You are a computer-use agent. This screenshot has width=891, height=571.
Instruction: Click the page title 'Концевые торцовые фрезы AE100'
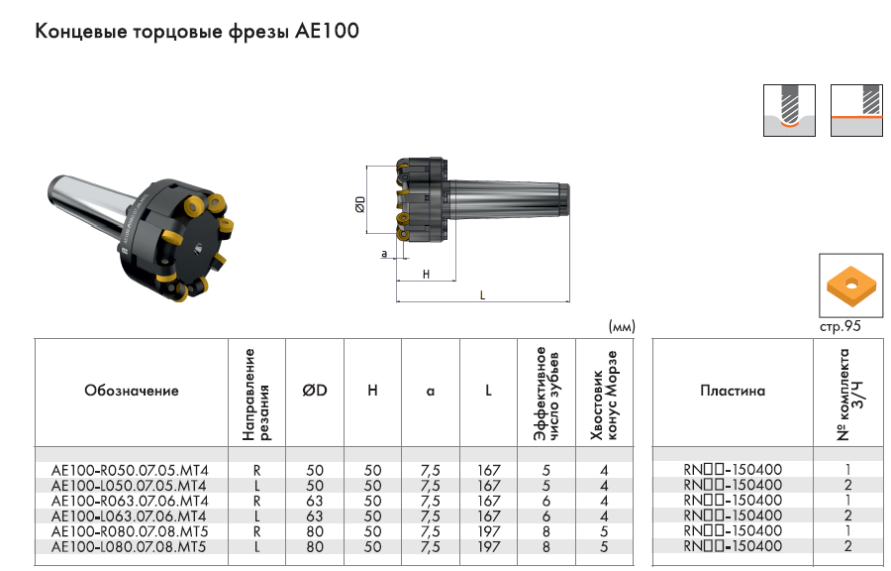pos(197,31)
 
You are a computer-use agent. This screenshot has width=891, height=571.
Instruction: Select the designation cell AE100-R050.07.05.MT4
pos(130,470)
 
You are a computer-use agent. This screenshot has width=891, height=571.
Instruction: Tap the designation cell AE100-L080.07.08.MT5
pos(129,547)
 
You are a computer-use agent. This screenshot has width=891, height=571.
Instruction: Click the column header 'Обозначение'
pos(132,391)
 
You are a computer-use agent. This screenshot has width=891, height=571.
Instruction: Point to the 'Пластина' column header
pos(733,391)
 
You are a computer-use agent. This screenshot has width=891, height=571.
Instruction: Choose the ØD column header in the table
pos(315,391)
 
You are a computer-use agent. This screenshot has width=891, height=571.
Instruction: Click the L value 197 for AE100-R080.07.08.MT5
pos(489,531)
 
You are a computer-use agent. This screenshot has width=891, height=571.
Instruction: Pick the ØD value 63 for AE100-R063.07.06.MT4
pos(315,501)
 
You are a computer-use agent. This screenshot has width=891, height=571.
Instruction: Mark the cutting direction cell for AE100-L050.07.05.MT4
pos(256,486)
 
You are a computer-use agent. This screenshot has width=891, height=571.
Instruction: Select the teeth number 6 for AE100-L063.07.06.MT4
pos(546,516)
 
